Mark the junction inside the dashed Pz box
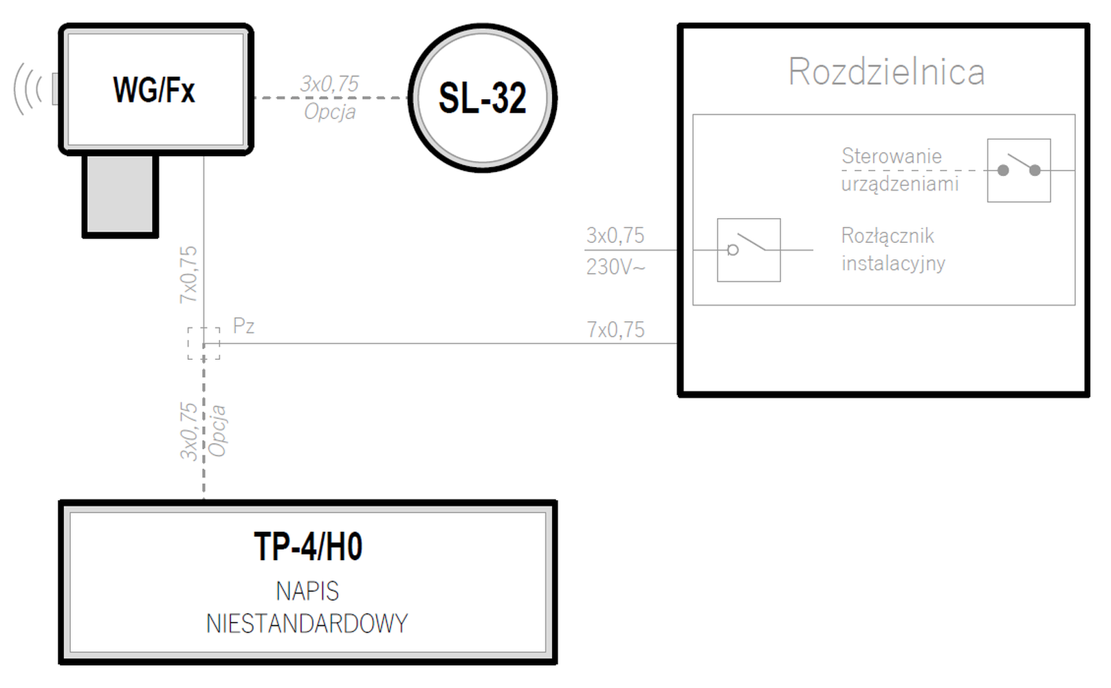204,343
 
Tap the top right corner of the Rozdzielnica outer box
1088,25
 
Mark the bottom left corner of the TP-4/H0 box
60,663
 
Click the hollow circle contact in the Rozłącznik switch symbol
733,250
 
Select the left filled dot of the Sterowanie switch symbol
1003,171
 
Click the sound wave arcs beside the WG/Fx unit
28,89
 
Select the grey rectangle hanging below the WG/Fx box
120,196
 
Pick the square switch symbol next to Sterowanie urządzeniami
1019,170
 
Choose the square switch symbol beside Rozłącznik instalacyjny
749,250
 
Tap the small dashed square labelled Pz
204,343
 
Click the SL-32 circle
483,98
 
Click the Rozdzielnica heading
886,72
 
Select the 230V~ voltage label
615,267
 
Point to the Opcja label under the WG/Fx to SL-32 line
330,111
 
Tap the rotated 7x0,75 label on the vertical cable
188,275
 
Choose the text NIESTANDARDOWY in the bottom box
307,623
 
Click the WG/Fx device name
154,90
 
